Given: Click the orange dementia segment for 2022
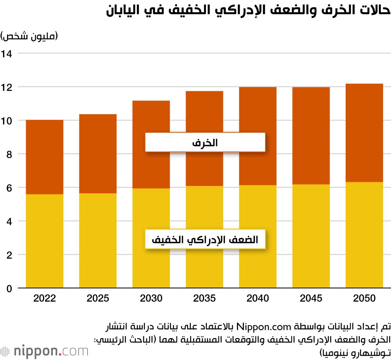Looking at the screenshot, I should point(45,157).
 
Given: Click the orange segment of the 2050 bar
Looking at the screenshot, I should point(364,133).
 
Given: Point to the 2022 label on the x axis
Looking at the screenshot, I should point(45,298).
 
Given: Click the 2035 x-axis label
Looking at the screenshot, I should point(204,298).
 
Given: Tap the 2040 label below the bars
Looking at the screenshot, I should point(258,298).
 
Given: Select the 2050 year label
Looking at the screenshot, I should point(364,298).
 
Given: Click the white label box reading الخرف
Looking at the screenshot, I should point(205,142).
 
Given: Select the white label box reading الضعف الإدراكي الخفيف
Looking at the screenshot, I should point(205,239).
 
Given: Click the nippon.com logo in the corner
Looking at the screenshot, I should point(45,351).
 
